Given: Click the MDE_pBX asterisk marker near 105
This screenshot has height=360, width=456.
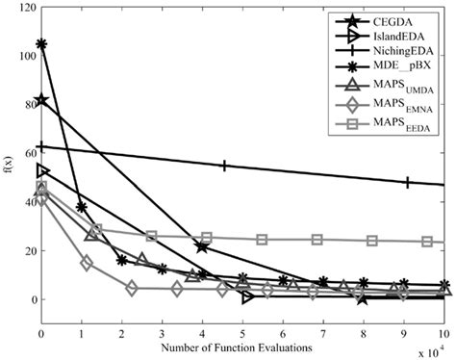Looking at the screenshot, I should (x=41, y=44).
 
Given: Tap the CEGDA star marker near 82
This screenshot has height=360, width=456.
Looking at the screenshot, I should (x=41, y=100).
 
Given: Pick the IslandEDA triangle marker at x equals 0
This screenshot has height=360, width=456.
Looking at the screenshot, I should (x=42, y=170).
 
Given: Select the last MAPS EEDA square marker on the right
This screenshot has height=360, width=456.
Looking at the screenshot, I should (x=427, y=242).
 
